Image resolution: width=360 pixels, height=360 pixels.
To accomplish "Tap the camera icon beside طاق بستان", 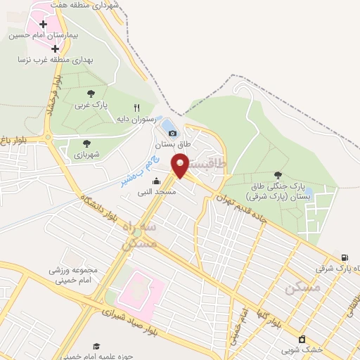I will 173,133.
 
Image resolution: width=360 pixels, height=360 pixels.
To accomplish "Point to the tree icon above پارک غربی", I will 91,93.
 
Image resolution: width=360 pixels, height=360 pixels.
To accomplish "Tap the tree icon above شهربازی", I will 86,143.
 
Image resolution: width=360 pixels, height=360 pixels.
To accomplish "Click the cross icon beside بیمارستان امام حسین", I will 44,24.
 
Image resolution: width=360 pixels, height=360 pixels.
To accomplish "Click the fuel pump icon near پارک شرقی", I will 344,257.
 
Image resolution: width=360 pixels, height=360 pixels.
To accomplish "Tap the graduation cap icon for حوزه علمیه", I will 96,346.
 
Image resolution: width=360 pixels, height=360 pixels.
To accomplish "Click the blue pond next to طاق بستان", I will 170,127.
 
